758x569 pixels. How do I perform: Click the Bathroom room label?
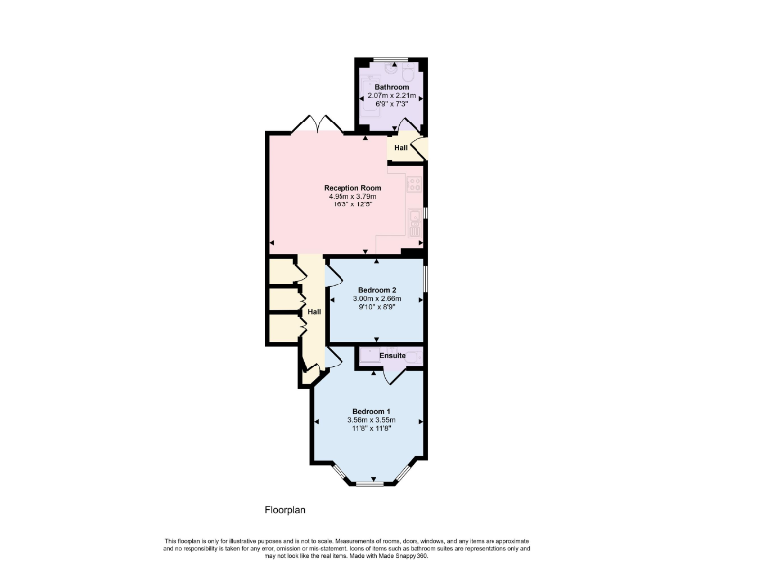pyautogui.click(x=391, y=87)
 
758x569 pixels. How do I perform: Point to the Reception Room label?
pyautogui.click(x=352, y=188)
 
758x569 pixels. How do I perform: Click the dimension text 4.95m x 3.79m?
pyautogui.click(x=352, y=197)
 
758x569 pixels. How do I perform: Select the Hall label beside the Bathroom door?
pyautogui.click(x=400, y=148)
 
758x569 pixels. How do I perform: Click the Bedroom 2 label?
pyautogui.click(x=375, y=289)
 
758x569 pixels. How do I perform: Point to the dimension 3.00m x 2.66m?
pyautogui.click(x=375, y=298)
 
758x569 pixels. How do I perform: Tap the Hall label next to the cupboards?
pyautogui.click(x=313, y=312)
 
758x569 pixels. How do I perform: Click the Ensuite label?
pyautogui.click(x=392, y=355)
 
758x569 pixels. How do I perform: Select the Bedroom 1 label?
pyautogui.click(x=371, y=411)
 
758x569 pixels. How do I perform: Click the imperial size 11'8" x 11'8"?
pyautogui.click(x=371, y=429)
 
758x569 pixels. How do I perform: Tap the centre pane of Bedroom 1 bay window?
pyautogui.click(x=369, y=483)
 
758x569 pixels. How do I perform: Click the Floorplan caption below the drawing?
pyautogui.click(x=285, y=510)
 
